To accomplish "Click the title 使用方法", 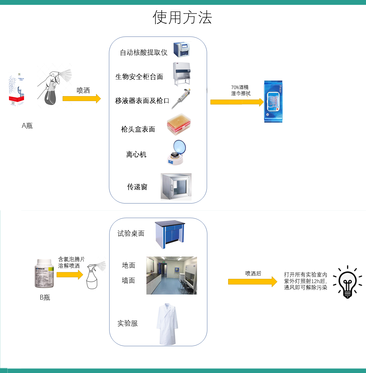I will tap(182, 17).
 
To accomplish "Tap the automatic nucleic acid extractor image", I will tap(182, 50).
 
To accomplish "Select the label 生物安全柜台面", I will tap(139, 76).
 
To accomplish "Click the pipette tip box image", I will tap(179, 124).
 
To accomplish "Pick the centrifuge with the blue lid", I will tap(176, 153).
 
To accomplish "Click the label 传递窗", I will tap(137, 187).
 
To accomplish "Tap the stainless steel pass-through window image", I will tap(176, 187).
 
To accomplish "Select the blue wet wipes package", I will tap(273, 102).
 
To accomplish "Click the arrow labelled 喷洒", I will tap(81, 98).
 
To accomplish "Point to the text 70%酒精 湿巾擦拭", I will tap(240, 90).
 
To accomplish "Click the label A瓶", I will tap(27, 126).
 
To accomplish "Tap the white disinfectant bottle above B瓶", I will tap(44, 273).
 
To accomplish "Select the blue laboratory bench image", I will tap(170, 234).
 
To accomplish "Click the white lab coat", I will tap(167, 324).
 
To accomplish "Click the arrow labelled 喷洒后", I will tap(252, 282).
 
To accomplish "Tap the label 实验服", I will tap(128, 323).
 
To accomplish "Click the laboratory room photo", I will tap(172, 275).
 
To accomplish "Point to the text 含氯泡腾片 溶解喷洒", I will tap(71, 262).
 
